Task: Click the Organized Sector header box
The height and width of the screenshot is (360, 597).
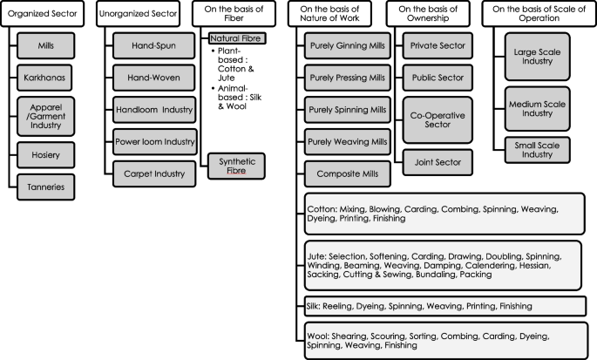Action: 46,14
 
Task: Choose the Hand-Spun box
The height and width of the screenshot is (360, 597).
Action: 146,44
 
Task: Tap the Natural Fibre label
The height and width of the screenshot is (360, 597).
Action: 236,38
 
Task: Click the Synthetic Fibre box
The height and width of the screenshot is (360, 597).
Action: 236,166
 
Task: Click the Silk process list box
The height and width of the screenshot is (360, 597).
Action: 444,306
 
